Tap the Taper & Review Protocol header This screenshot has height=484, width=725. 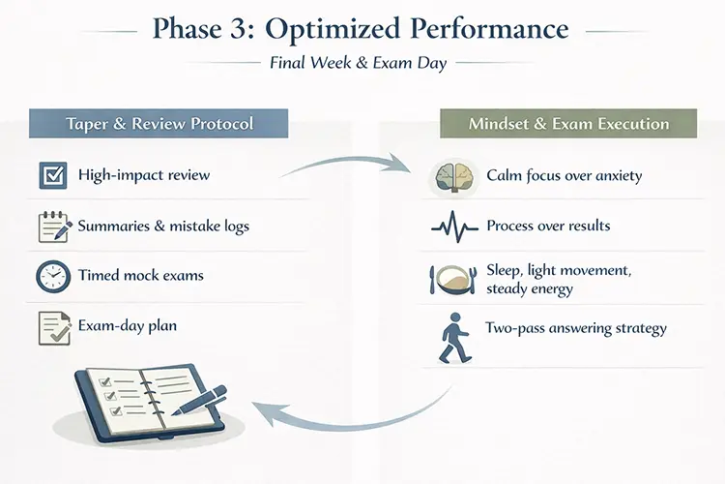pos(159,124)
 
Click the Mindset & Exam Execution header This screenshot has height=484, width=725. pos(568,124)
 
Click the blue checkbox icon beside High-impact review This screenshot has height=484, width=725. pos(52,176)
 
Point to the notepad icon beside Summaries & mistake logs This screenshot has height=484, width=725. pos(53,227)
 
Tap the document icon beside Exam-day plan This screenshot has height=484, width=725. pos(53,327)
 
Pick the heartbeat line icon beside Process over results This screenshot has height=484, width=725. pos(450,227)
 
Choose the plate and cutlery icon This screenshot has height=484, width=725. pos(450,279)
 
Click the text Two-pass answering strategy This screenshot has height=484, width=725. pos(577,328)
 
